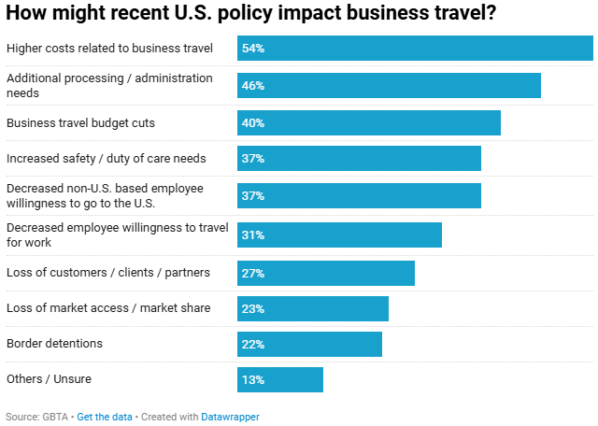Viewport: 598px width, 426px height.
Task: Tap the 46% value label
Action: click(252, 85)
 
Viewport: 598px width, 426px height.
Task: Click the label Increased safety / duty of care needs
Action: click(107, 158)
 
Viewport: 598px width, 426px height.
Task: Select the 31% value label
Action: click(252, 234)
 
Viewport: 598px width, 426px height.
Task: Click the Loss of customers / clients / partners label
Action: click(108, 273)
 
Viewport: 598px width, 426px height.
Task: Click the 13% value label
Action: click(252, 380)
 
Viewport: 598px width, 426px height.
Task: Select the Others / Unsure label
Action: click(49, 379)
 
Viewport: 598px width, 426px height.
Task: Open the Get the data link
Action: click(104, 417)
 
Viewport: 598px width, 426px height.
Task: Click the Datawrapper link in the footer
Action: click(230, 417)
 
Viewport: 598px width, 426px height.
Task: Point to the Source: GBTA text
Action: click(36, 417)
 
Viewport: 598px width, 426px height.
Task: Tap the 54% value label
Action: click(252, 48)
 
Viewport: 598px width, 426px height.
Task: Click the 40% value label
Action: click(252, 122)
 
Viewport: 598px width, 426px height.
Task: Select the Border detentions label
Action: click(54, 344)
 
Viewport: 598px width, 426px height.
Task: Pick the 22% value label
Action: click(252, 344)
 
